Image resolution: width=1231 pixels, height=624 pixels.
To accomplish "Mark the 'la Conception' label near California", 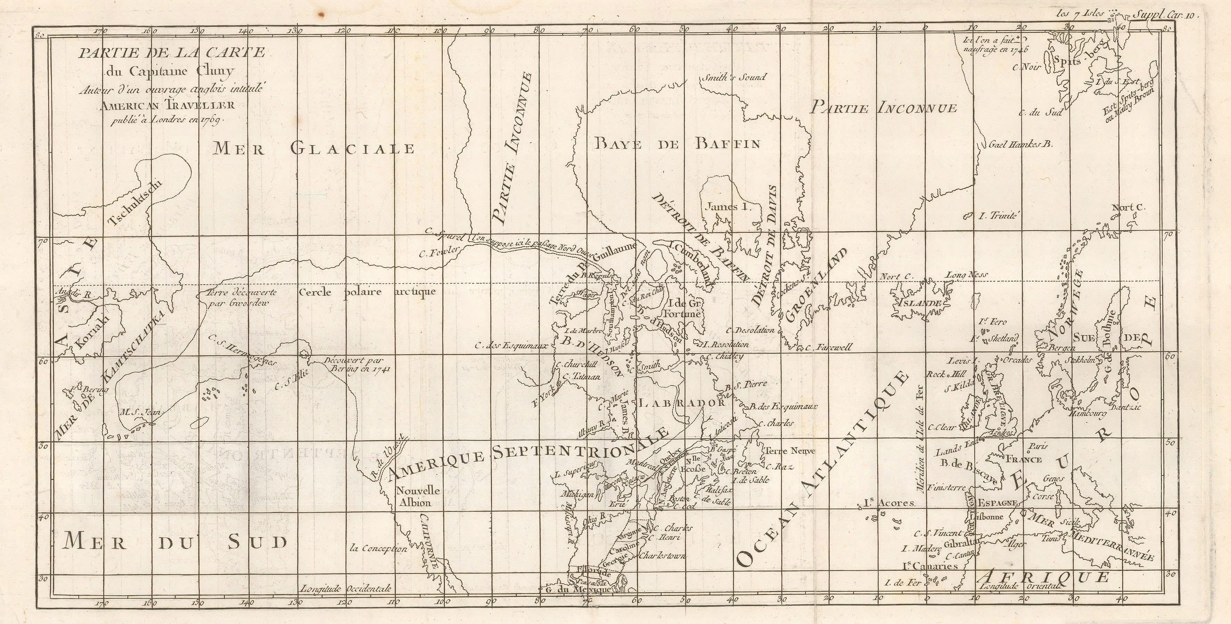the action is click(378, 549).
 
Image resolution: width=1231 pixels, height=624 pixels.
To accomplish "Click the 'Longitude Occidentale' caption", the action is click(345, 589).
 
